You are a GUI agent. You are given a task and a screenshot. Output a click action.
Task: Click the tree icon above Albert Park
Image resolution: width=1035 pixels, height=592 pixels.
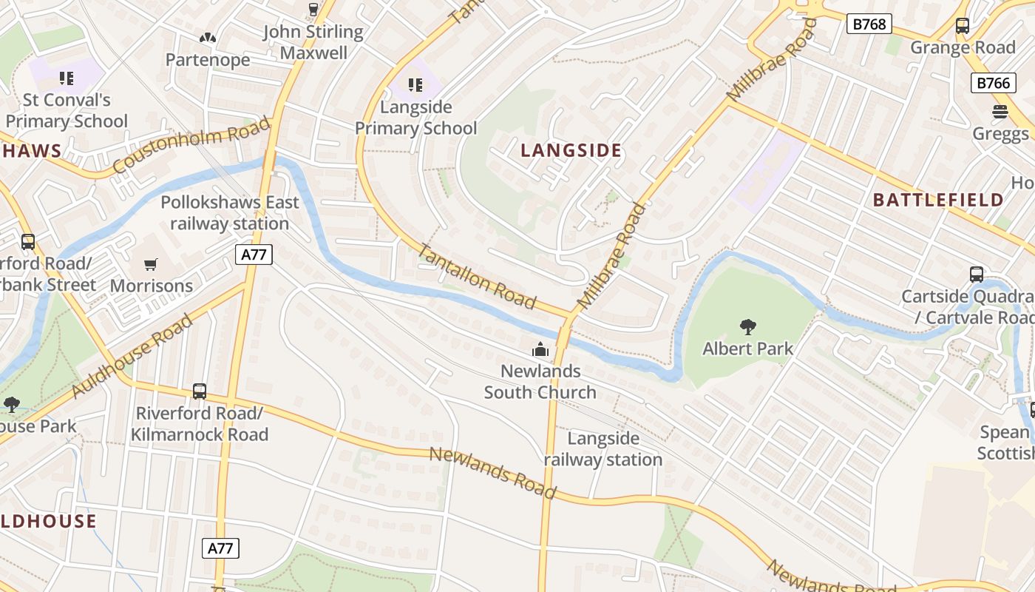click(747, 326)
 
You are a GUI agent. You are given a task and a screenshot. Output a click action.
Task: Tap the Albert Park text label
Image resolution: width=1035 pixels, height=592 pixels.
click(747, 349)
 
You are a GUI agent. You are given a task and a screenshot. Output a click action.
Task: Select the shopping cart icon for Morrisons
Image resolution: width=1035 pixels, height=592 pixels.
click(151, 264)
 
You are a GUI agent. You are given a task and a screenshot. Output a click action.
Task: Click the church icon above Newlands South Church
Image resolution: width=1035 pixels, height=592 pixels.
click(540, 349)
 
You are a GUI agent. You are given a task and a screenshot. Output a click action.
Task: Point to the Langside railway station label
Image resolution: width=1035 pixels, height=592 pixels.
click(603, 449)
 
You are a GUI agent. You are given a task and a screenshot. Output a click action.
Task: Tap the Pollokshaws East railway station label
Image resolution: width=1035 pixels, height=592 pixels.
click(230, 213)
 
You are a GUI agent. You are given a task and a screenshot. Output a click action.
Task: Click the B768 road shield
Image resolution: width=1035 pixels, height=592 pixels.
click(869, 24)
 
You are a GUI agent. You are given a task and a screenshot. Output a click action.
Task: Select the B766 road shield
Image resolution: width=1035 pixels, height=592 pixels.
click(992, 83)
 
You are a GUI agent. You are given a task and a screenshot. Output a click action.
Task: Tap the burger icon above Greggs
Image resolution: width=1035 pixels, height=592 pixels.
click(1000, 112)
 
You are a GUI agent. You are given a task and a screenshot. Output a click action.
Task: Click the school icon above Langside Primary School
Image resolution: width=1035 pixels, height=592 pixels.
click(415, 85)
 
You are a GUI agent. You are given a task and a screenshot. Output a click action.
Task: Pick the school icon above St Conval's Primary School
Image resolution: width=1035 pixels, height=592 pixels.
click(67, 78)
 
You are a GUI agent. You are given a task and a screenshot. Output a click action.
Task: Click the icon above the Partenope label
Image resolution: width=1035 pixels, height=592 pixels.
click(208, 37)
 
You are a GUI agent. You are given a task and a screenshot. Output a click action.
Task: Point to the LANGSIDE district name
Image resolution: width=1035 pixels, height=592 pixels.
click(571, 151)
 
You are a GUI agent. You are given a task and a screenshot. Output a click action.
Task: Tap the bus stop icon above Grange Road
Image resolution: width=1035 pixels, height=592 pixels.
click(962, 26)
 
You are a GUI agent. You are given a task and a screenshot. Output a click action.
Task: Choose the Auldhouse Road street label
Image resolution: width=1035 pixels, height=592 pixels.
click(133, 356)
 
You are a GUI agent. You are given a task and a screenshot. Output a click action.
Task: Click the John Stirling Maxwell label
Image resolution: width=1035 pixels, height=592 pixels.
click(313, 42)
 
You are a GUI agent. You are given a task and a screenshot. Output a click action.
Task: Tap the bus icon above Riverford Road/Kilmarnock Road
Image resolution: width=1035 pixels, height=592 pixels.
click(199, 391)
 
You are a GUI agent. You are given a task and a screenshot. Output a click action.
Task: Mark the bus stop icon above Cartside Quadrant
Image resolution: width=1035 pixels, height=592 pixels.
click(976, 275)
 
